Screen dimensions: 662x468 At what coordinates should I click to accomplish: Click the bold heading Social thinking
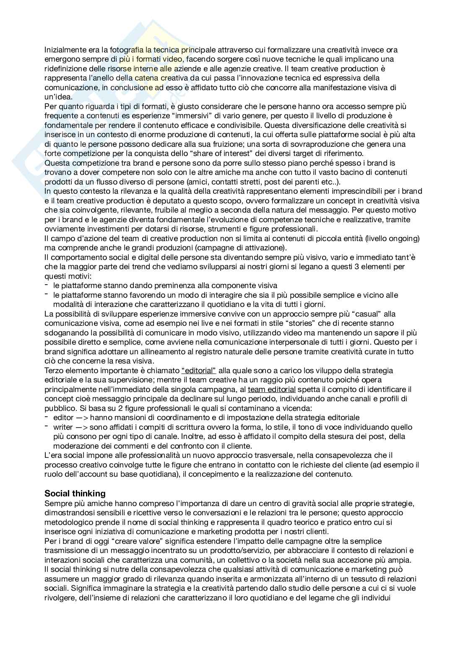75,493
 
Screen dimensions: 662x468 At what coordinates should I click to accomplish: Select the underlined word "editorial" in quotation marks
199,371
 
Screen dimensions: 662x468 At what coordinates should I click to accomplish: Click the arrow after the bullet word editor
82,418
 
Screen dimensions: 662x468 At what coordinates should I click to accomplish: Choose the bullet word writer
63,427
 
